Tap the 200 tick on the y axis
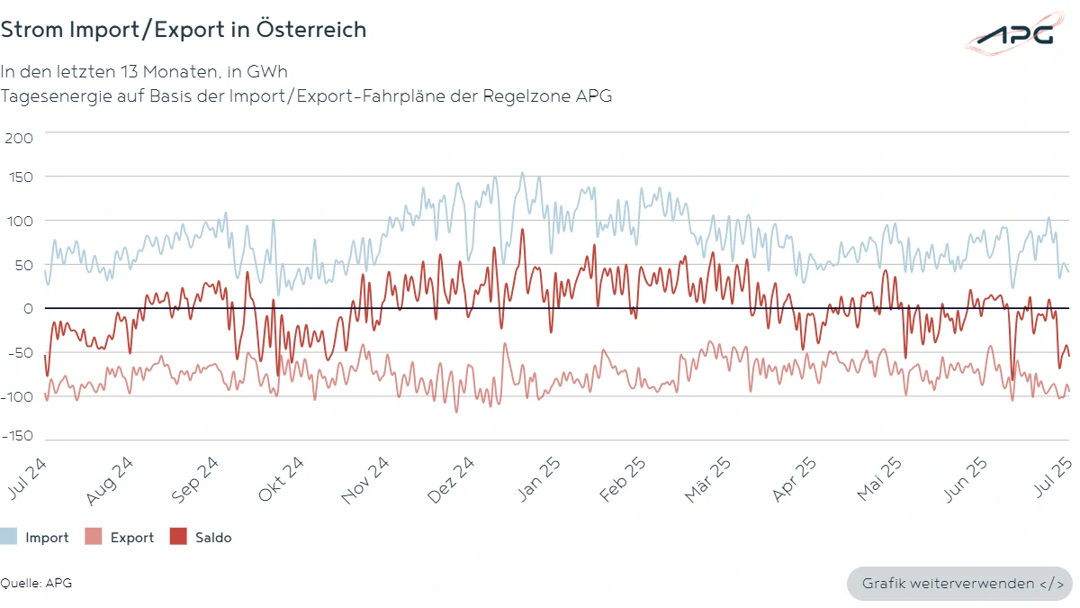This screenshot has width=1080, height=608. [x=19, y=138]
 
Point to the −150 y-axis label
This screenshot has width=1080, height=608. [x=17, y=436]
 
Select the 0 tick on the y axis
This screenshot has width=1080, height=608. [x=28, y=308]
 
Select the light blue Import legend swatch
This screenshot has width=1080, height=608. [x=8, y=538]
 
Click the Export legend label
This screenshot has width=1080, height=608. [x=132, y=538]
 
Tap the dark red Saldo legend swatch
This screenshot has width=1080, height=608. [x=178, y=538]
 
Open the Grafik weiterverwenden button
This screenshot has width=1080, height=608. [x=958, y=584]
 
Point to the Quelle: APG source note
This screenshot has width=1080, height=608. [x=36, y=583]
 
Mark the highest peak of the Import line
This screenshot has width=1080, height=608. [x=522, y=173]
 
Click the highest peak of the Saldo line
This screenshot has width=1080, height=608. [x=522, y=230]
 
